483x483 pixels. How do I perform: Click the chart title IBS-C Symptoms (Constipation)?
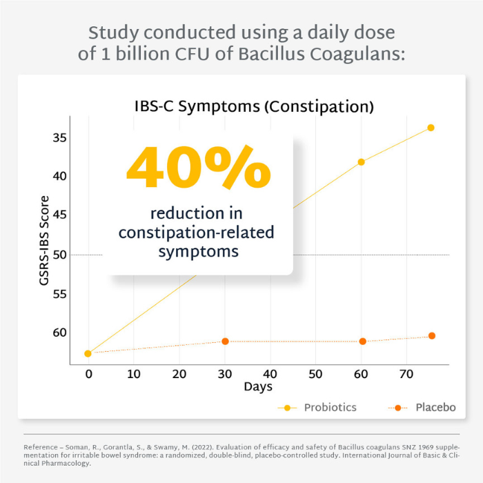tap(254, 107)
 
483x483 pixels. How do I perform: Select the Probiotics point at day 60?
tap(361, 162)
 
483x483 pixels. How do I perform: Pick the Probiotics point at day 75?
tap(431, 128)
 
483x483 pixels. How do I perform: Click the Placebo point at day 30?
tap(225, 342)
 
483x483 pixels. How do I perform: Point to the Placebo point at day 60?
tap(362, 342)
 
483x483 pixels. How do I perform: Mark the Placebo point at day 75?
tap(432, 336)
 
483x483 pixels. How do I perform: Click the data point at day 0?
tap(88, 354)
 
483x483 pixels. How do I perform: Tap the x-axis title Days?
tap(258, 387)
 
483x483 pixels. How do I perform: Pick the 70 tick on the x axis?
tap(406, 373)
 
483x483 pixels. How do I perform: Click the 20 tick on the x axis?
tap(179, 373)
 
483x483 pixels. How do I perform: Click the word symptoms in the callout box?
tap(199, 251)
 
